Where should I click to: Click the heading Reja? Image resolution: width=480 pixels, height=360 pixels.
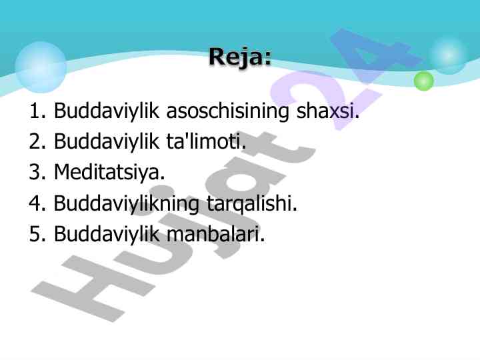click(x=240, y=57)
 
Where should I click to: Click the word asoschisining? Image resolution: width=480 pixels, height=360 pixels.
click(x=227, y=111)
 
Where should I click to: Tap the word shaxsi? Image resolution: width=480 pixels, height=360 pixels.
click(x=328, y=110)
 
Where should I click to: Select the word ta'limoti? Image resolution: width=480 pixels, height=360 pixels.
click(x=206, y=141)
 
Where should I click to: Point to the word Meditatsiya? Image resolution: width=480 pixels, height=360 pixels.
click(x=109, y=173)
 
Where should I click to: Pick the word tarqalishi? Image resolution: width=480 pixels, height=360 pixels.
click(x=252, y=204)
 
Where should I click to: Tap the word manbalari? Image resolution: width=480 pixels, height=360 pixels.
click(x=215, y=233)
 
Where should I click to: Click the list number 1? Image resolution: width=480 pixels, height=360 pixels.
click(x=37, y=111)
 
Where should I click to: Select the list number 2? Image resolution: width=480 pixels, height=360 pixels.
click(x=37, y=141)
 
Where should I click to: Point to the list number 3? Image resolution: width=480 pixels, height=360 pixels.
click(x=37, y=172)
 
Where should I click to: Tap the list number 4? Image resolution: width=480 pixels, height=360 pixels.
click(x=37, y=203)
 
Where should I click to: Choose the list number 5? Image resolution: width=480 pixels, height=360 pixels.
click(x=37, y=233)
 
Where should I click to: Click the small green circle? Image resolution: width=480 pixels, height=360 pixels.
click(x=424, y=81)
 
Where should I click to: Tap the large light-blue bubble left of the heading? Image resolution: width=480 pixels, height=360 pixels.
click(x=41, y=67)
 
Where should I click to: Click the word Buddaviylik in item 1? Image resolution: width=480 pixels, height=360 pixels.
click(x=106, y=111)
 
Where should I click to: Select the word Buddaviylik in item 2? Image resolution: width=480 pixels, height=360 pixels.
click(x=106, y=142)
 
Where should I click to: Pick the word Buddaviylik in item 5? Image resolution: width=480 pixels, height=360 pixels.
click(x=106, y=234)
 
